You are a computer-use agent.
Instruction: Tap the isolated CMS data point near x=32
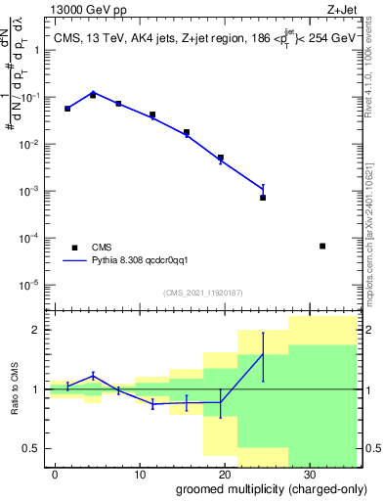pos(322,246)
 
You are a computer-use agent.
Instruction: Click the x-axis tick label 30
pos(308,475)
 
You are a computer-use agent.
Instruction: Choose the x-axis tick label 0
pos(58,475)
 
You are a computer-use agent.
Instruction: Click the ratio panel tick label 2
pos(39,330)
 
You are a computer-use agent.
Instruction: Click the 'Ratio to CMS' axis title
pos(15,389)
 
